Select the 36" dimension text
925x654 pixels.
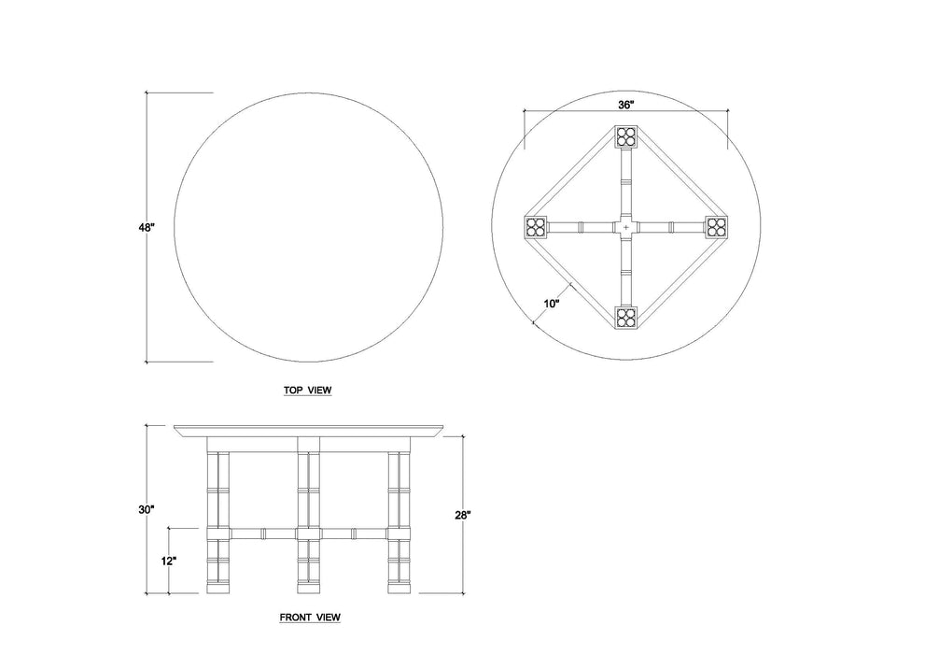click(625, 106)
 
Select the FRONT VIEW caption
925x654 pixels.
click(310, 618)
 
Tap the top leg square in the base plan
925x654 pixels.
click(625, 137)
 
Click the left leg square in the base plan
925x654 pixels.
click(535, 227)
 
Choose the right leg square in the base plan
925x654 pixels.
click(716, 227)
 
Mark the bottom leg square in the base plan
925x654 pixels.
click(625, 317)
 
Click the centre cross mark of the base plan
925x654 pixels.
click(625, 227)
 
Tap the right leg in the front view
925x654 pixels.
click(399, 523)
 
